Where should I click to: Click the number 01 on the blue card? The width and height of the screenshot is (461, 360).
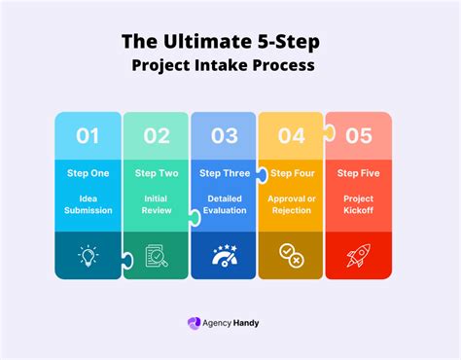coord(88,136)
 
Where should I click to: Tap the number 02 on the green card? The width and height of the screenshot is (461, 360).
coord(157,136)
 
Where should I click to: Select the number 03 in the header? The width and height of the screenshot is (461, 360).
coord(225,136)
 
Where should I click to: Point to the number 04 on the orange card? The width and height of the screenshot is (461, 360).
coord(292,136)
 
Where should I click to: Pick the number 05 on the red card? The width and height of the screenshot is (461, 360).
coord(359,136)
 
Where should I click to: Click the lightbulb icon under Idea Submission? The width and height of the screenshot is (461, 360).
coord(89,256)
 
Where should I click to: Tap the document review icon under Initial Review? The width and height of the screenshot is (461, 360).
coord(156,256)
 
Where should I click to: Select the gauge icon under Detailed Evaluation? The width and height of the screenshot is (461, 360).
coord(224,256)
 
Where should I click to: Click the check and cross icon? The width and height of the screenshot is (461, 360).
coord(291,256)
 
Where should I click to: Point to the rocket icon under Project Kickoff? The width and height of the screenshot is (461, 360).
coord(359,256)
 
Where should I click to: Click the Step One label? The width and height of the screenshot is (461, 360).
coord(89,173)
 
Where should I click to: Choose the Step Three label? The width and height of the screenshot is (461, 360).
coord(224,173)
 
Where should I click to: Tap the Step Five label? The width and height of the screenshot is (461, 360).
coord(359,173)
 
